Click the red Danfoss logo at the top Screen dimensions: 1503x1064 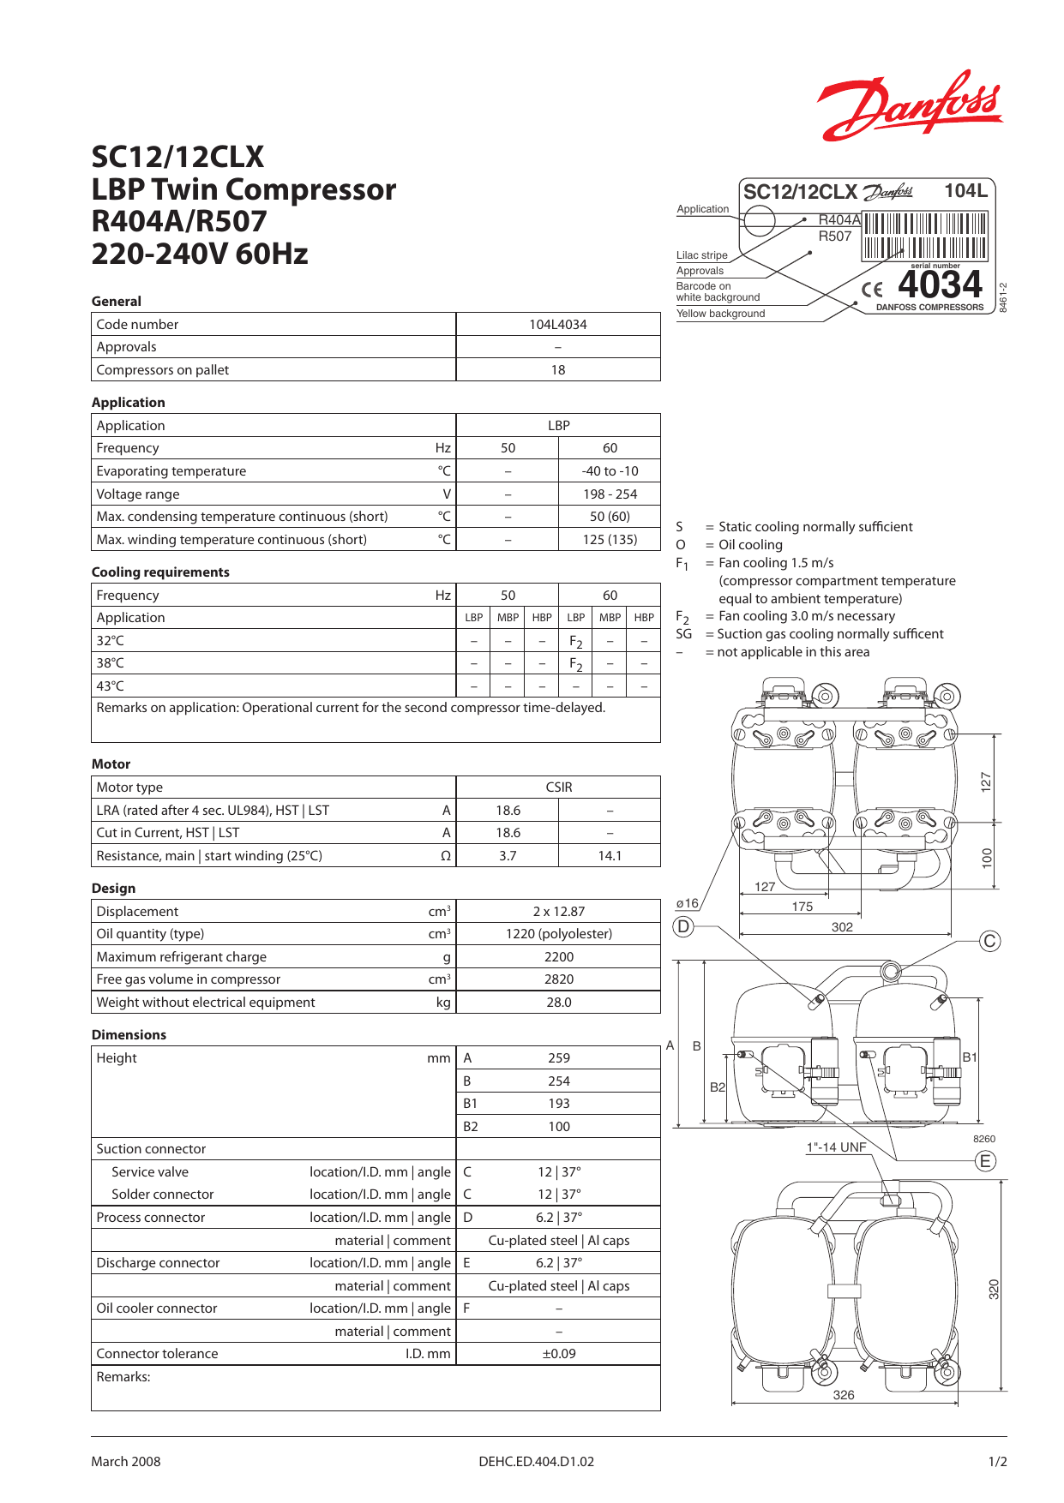pos(910,106)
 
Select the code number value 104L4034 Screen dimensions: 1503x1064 pos(558,325)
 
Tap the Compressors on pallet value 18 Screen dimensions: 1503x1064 pos(558,370)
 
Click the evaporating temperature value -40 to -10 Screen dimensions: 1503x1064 pos(610,471)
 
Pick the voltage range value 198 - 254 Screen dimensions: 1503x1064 pos(610,494)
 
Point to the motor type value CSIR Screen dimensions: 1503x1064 pos(559,787)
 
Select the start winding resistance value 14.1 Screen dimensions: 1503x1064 pos(610,856)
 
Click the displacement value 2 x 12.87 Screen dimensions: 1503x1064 pos(559,912)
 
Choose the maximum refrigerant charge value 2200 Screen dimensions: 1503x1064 pos(559,957)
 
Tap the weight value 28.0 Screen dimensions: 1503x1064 pos(559,1003)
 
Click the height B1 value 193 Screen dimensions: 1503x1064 pos(559,1104)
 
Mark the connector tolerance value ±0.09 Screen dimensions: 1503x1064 pos(559,1354)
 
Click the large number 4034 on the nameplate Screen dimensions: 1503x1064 pos(940,284)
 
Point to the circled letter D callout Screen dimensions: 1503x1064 pos(683,926)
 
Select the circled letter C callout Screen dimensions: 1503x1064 pos(990,941)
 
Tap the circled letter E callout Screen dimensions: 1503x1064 pos(986,1161)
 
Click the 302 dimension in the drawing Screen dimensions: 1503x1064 pos(842,927)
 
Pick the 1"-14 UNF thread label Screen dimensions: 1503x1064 pos(836,1147)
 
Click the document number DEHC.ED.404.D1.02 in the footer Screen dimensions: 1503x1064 pos(536,1462)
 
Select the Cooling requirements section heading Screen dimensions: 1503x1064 pos(160,572)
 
